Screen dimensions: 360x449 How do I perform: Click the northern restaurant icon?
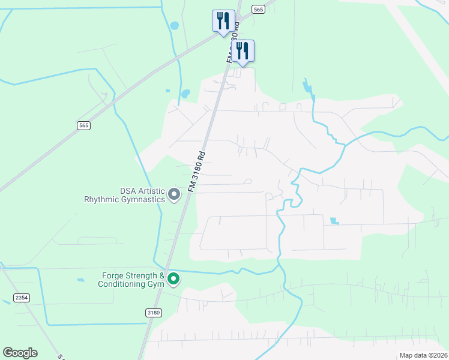pyautogui.click(x=223, y=20)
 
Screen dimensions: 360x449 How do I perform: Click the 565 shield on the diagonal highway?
pyautogui.click(x=83, y=125)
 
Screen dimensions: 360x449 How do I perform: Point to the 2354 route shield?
pyautogui.click(x=21, y=298)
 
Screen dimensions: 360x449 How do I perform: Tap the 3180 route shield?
pyautogui.click(x=154, y=313)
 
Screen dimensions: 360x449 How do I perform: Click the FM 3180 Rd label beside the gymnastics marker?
pyautogui.click(x=197, y=171)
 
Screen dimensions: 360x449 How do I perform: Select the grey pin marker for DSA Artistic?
pyautogui.click(x=174, y=194)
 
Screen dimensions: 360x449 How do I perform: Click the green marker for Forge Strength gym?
pyautogui.click(x=173, y=278)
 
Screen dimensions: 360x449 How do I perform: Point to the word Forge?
pyautogui.click(x=113, y=276)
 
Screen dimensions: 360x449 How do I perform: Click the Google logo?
pyautogui.click(x=20, y=353)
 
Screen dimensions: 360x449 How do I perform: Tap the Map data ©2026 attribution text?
pyautogui.click(x=423, y=355)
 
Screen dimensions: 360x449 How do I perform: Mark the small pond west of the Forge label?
pyautogui.click(x=80, y=280)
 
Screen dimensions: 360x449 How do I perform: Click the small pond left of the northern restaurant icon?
pyautogui.click(x=174, y=26)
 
